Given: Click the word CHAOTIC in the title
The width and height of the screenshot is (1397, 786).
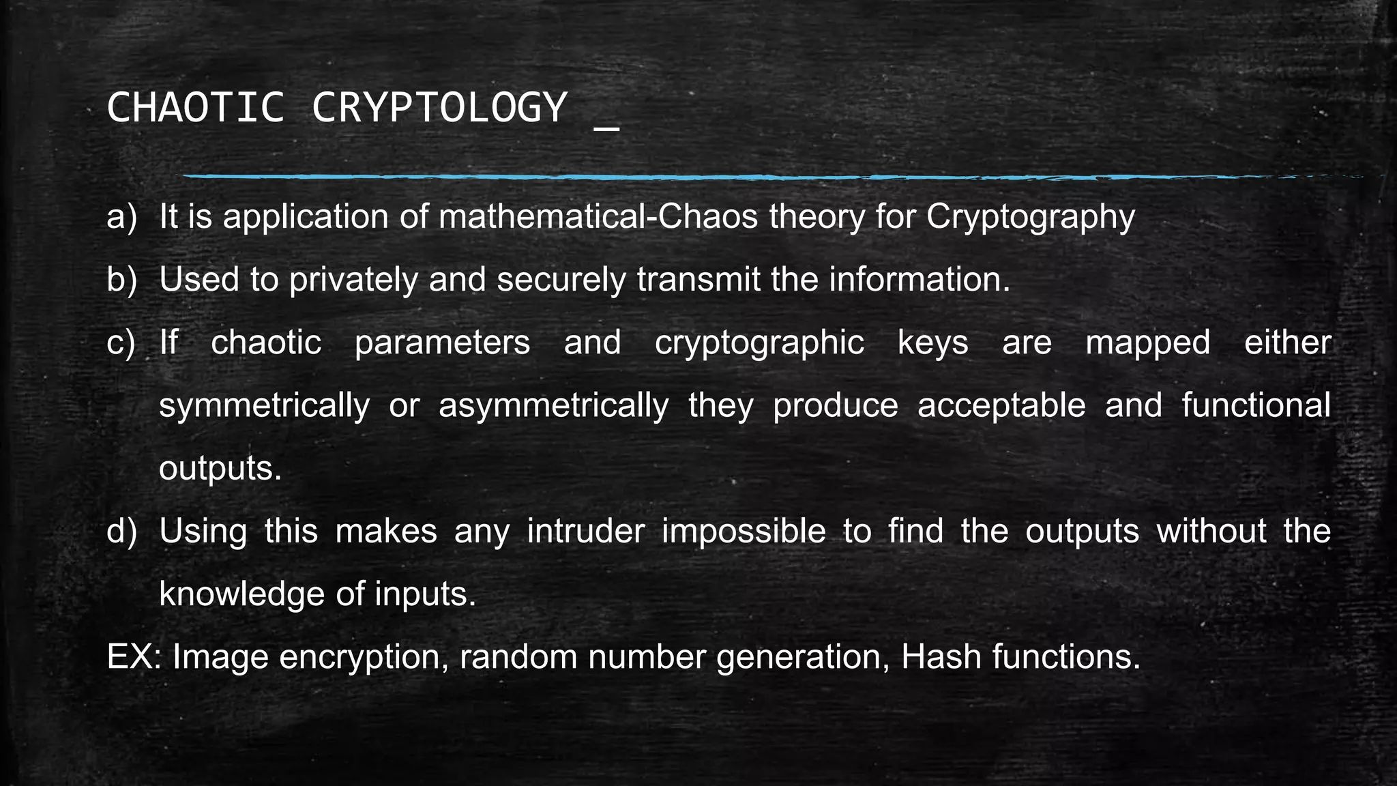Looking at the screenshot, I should pyautogui.click(x=195, y=108).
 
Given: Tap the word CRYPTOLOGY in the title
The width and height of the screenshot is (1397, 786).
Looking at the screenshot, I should pyautogui.click(x=439, y=108).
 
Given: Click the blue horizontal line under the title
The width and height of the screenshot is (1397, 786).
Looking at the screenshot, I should pyautogui.click(x=750, y=177).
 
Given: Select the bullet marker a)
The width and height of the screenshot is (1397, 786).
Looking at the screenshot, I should pyautogui.click(x=122, y=217).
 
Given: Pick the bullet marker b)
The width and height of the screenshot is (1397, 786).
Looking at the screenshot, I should pyautogui.click(x=122, y=280).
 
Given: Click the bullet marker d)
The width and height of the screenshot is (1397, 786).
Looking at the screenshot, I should pyautogui.click(x=122, y=532).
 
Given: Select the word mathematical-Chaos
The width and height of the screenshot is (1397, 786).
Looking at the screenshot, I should pyautogui.click(x=598, y=217).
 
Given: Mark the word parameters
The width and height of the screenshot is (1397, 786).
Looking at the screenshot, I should pyautogui.click(x=442, y=343).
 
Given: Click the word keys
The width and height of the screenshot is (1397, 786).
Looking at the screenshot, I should pyautogui.click(x=932, y=343).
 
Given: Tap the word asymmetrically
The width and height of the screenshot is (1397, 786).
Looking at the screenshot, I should pyautogui.click(x=553, y=406).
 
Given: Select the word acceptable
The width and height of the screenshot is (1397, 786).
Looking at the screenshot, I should pyautogui.click(x=1001, y=405).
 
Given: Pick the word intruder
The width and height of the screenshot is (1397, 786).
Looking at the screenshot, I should pyautogui.click(x=585, y=532).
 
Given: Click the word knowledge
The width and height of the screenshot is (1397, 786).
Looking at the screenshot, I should pyautogui.click(x=241, y=594).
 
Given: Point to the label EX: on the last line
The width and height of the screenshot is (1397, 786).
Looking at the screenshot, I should pyautogui.click(x=134, y=657).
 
